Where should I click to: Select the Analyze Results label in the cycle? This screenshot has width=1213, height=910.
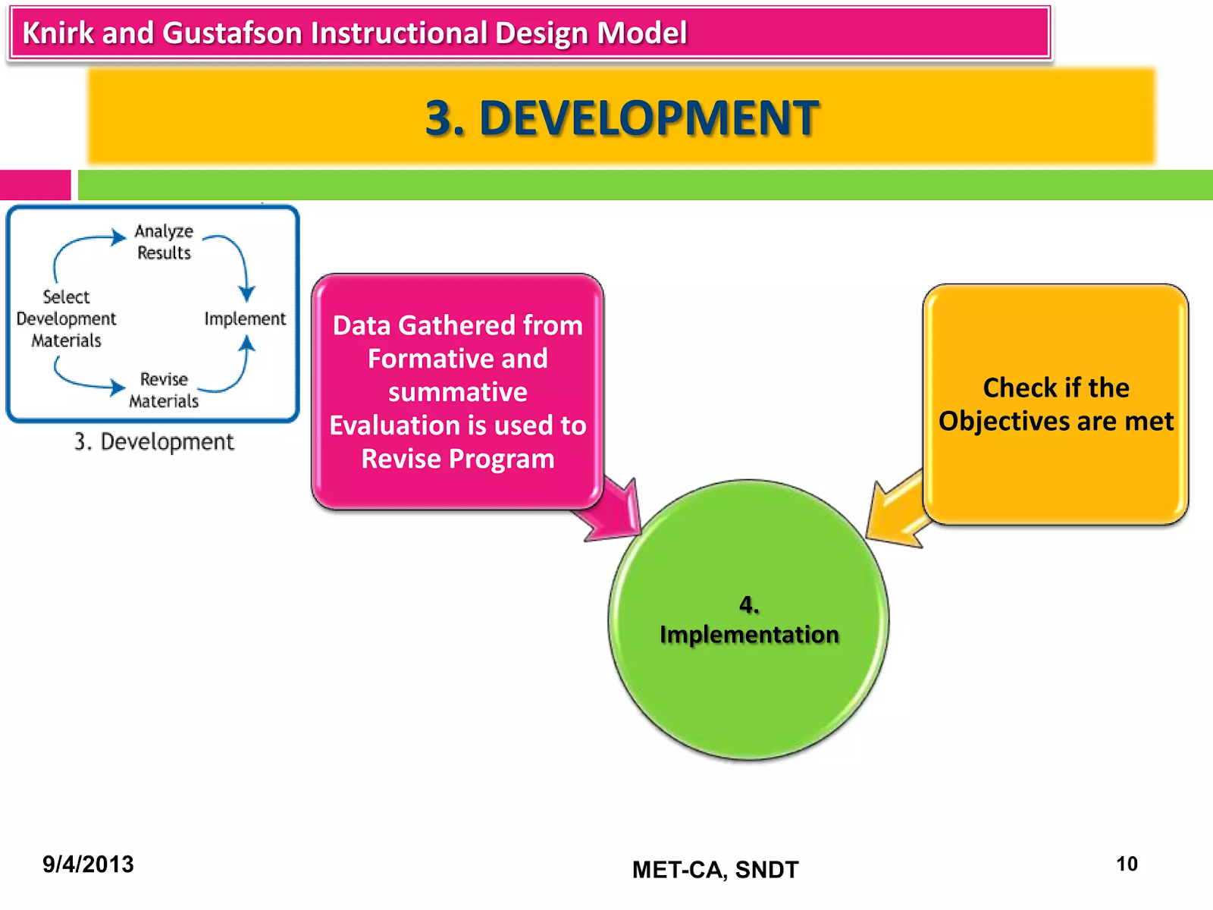pyautogui.click(x=164, y=242)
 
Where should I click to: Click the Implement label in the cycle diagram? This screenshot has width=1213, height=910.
pyautogui.click(x=245, y=318)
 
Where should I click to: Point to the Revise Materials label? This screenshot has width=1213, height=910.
pyautogui.click(x=164, y=390)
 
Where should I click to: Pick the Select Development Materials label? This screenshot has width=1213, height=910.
pyautogui.click(x=67, y=318)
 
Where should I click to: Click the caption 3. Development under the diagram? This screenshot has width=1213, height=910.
pyautogui.click(x=155, y=441)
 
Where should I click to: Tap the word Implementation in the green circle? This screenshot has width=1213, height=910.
pyautogui.click(x=749, y=634)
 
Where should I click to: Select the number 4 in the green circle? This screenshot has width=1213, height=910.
pyautogui.click(x=748, y=604)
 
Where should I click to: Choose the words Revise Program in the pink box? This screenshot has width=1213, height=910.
pyautogui.click(x=458, y=459)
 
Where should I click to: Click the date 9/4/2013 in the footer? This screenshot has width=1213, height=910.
pyautogui.click(x=88, y=864)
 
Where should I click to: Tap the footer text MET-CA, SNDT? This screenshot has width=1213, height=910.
pyautogui.click(x=715, y=869)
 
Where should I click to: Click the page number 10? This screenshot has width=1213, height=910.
pyautogui.click(x=1127, y=864)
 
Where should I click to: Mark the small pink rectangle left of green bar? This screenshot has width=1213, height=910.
pyautogui.click(x=35, y=185)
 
